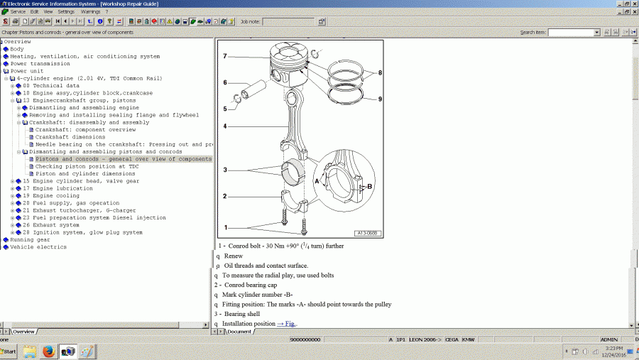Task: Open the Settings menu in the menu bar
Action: [x=65, y=12]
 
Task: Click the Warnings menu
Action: [x=90, y=12]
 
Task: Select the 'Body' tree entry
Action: [x=16, y=49]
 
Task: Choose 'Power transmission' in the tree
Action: [x=40, y=64]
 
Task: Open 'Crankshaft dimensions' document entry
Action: [x=70, y=137]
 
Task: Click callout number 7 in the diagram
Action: [x=224, y=56]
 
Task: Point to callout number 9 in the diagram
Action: [x=380, y=99]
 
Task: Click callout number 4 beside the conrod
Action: [x=224, y=126]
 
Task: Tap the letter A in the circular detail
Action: [x=317, y=181]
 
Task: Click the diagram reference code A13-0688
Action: [x=368, y=232]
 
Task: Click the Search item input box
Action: [x=574, y=33]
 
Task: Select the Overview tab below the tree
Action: [x=23, y=332]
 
